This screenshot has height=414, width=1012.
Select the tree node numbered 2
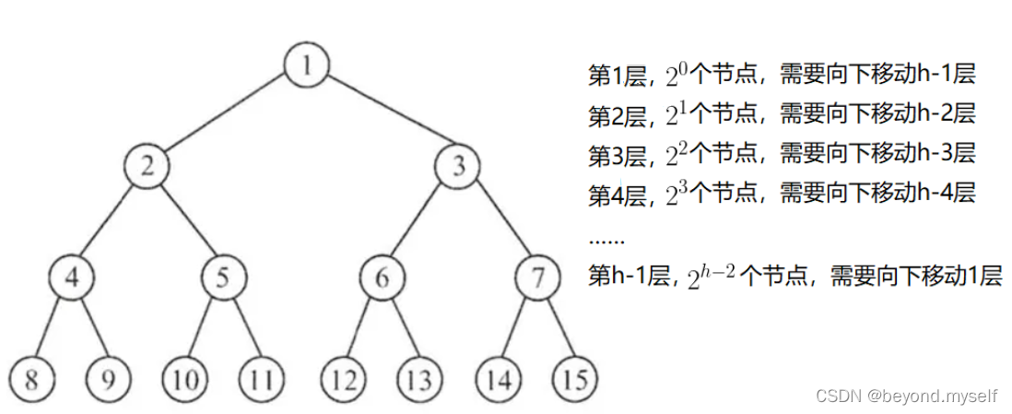pyautogui.click(x=147, y=166)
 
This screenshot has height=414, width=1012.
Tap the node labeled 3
pyautogui.click(x=458, y=166)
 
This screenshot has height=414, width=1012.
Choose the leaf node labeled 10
pyautogui.click(x=184, y=378)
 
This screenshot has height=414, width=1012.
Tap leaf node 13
pyautogui.click(x=421, y=378)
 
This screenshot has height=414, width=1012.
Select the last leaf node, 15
pyautogui.click(x=575, y=378)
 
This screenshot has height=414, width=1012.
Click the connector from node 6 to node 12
pyautogui.click(x=362, y=328)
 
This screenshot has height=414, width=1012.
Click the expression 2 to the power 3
pyautogui.click(x=676, y=194)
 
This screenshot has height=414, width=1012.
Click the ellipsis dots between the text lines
pyautogui.click(x=606, y=237)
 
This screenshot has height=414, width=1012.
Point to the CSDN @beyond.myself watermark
pyautogui.click(x=907, y=395)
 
